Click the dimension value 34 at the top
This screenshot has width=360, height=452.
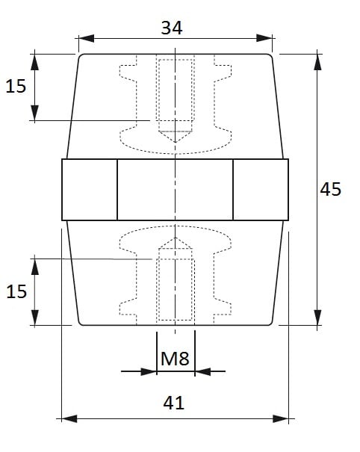click(x=172, y=28)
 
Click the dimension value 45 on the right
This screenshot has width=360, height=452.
click(x=331, y=189)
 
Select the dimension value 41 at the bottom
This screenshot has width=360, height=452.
click(x=173, y=403)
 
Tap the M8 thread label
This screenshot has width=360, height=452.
click(x=175, y=359)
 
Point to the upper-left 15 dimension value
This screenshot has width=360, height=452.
click(x=16, y=86)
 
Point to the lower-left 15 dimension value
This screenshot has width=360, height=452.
click(x=16, y=291)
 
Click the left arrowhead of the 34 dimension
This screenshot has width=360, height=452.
click(x=86, y=38)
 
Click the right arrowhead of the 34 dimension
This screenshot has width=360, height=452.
click(x=264, y=38)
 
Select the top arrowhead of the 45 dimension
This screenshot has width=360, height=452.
click(x=317, y=62)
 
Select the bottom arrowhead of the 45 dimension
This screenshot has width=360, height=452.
click(x=317, y=318)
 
